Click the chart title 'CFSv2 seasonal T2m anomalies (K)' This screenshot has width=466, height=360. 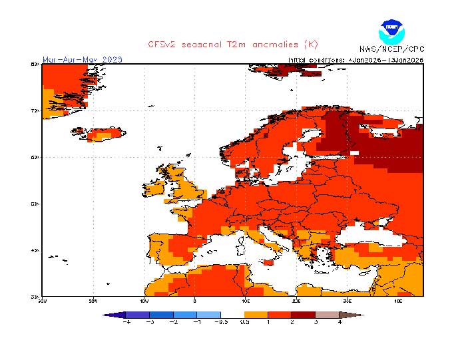point(233,44)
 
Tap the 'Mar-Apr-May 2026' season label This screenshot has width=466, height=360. point(82,59)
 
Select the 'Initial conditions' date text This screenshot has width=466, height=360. point(355,59)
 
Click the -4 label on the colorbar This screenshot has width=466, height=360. point(126,322)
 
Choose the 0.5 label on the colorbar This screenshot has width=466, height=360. point(245,322)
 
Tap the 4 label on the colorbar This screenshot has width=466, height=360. point(340,322)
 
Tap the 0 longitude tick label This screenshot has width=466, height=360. point(195,301)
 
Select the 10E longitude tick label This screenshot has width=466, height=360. point(246,301)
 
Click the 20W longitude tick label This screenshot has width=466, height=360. point(93,301)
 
